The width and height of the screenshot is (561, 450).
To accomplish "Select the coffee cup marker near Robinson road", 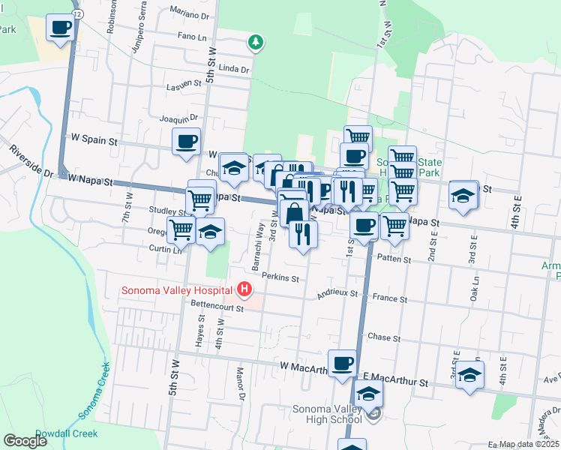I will (x=61, y=28).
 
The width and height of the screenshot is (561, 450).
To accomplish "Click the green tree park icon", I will (x=256, y=41).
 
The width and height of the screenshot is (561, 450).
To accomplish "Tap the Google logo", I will (x=25, y=441).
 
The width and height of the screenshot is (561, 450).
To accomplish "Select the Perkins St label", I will (x=280, y=278).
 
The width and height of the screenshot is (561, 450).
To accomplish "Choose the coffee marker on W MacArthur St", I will (x=343, y=363).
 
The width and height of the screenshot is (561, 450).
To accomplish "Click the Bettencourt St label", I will (x=208, y=307).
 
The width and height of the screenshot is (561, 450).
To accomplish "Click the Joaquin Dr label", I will (x=178, y=117).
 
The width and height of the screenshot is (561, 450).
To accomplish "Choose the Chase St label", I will (x=383, y=337).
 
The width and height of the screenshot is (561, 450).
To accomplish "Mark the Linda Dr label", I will (x=234, y=69).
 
